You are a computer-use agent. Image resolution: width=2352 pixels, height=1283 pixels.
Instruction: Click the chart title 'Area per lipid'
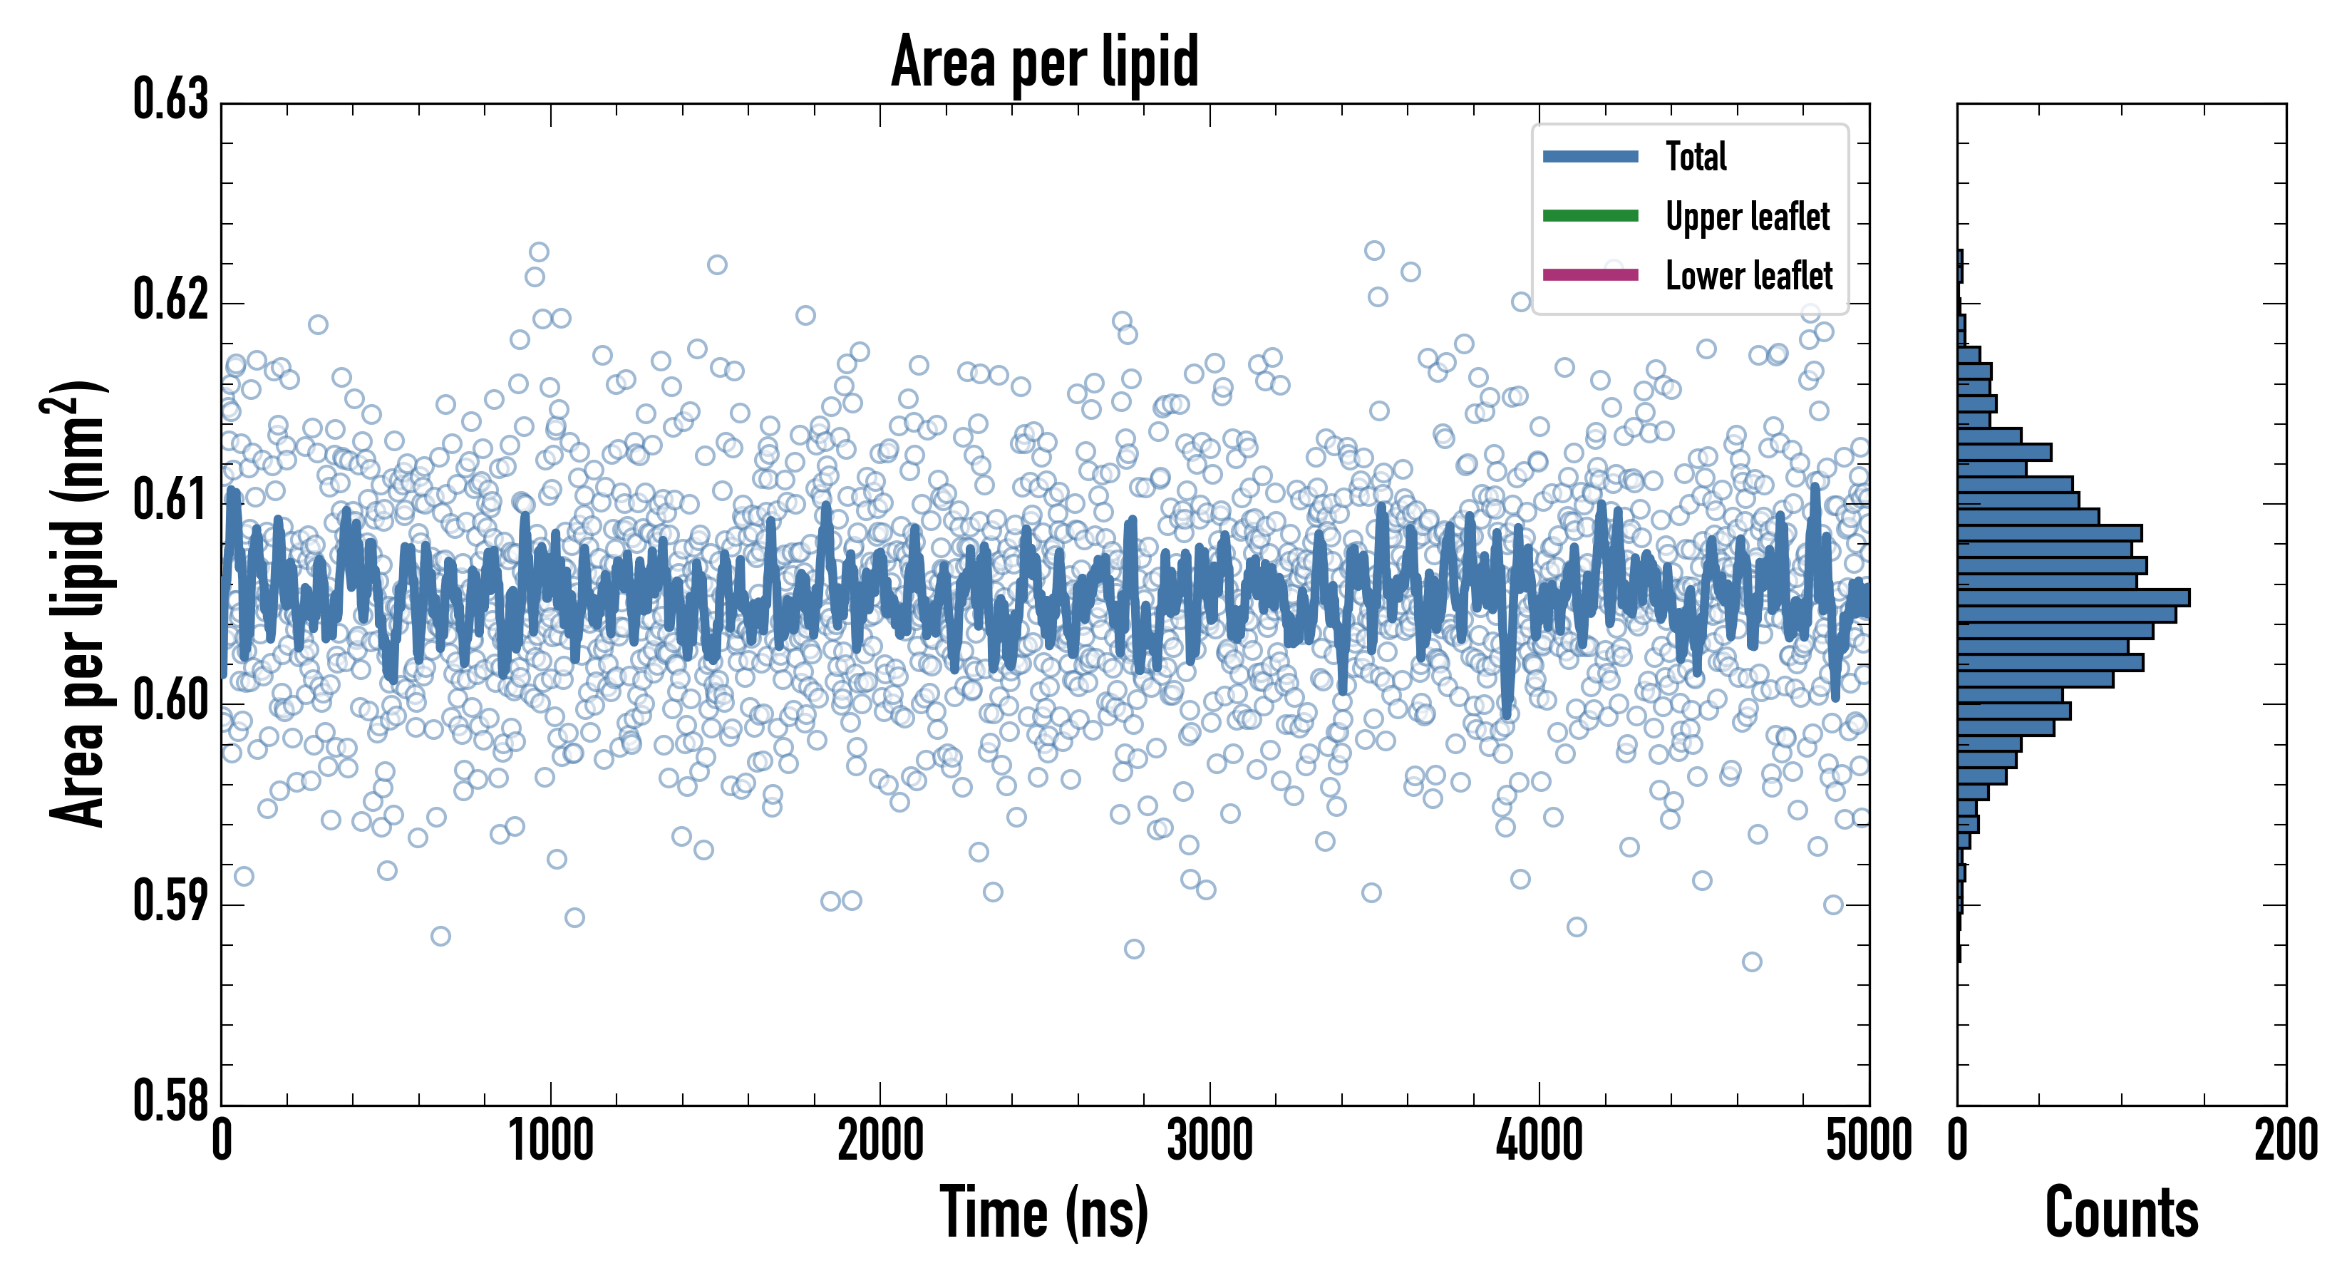coord(1045,61)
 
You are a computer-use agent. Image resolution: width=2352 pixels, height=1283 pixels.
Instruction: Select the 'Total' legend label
coord(1696,156)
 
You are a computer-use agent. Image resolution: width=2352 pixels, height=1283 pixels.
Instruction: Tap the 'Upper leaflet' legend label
coord(1748,217)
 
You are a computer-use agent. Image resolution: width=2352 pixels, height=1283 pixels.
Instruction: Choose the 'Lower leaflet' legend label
coord(1748,276)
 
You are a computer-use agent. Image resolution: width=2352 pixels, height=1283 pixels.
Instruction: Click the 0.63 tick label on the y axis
coord(171,100)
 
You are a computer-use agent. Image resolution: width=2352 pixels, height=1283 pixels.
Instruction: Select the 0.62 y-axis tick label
coord(171,299)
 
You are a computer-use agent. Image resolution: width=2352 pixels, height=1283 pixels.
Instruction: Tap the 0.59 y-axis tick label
coord(171,901)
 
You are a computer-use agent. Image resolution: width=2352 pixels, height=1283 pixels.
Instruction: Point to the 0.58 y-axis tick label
coord(171,1101)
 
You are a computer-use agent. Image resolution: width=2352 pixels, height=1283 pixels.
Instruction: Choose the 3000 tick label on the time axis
coord(1209,1141)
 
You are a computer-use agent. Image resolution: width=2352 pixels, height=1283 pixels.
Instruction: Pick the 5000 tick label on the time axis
coord(1868,1141)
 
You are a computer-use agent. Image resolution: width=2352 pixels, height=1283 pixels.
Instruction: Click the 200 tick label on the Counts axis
coord(2285,1141)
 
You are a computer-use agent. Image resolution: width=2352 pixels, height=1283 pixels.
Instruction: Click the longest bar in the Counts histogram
coord(2073,598)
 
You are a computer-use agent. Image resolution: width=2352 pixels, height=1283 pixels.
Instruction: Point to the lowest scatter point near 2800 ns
coord(1134,949)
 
